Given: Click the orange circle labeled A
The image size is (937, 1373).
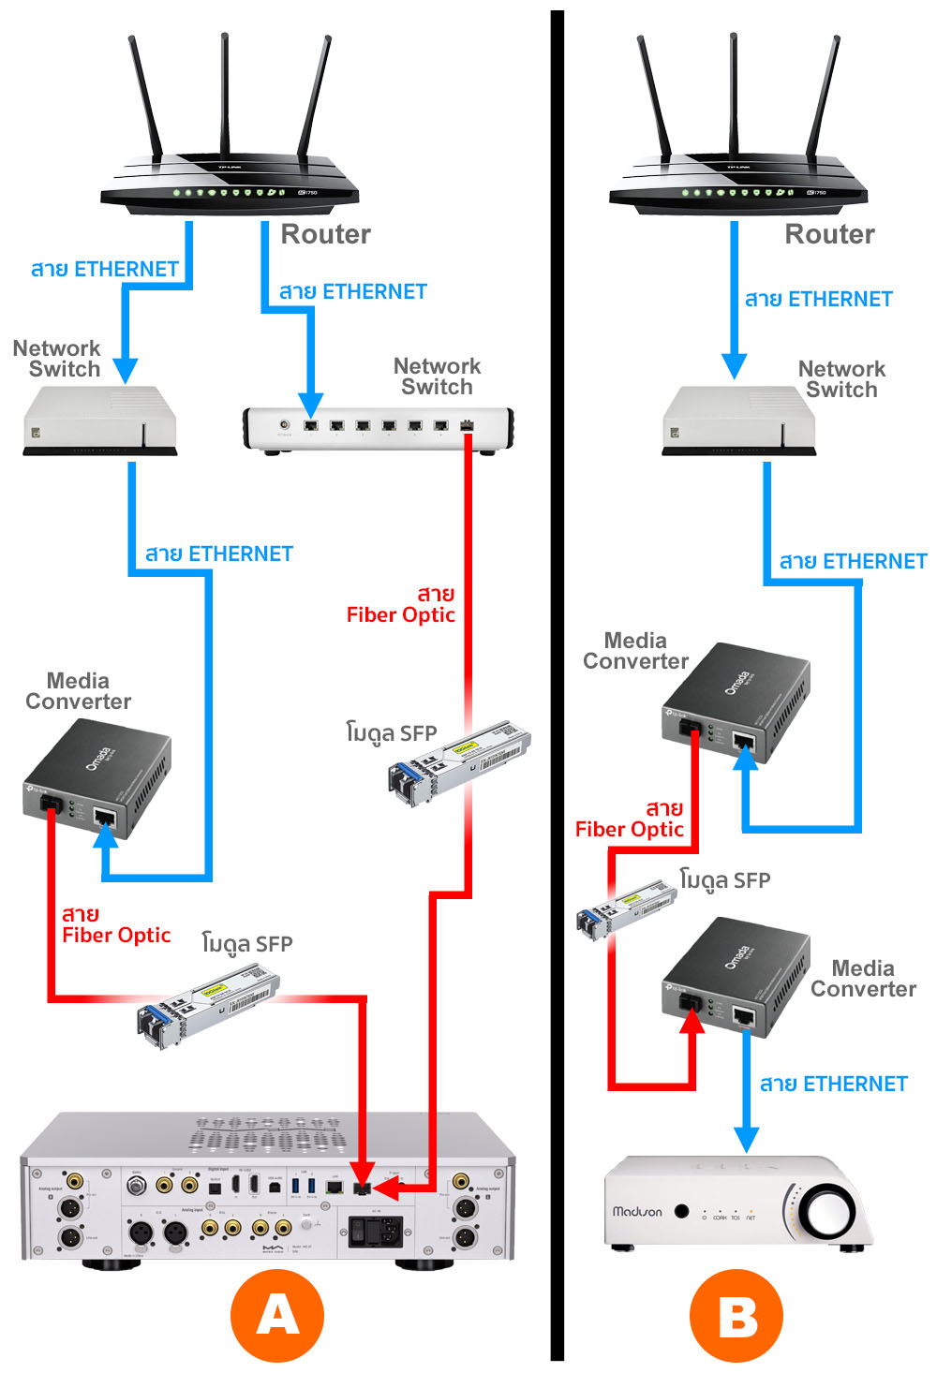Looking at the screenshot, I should pyautogui.click(x=277, y=1315).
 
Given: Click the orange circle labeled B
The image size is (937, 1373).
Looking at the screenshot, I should pyautogui.click(x=736, y=1315).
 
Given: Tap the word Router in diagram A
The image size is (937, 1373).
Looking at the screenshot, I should pyautogui.click(x=325, y=234).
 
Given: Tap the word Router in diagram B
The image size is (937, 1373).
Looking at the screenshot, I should pyautogui.click(x=829, y=234).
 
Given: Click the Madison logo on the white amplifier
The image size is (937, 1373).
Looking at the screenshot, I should pyautogui.click(x=637, y=1211).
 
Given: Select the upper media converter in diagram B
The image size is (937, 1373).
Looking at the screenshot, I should pyautogui.click(x=736, y=702).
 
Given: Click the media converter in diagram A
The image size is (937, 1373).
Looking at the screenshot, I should pyautogui.click(x=97, y=779).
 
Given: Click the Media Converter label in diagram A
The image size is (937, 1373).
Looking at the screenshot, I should pyautogui.click(x=78, y=691).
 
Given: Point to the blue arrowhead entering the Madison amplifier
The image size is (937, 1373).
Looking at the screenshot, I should pyautogui.click(x=746, y=1139).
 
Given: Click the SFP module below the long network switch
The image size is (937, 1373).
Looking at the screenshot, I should pyautogui.click(x=459, y=760).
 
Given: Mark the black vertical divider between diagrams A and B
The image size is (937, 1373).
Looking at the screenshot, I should pyautogui.click(x=558, y=684).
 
